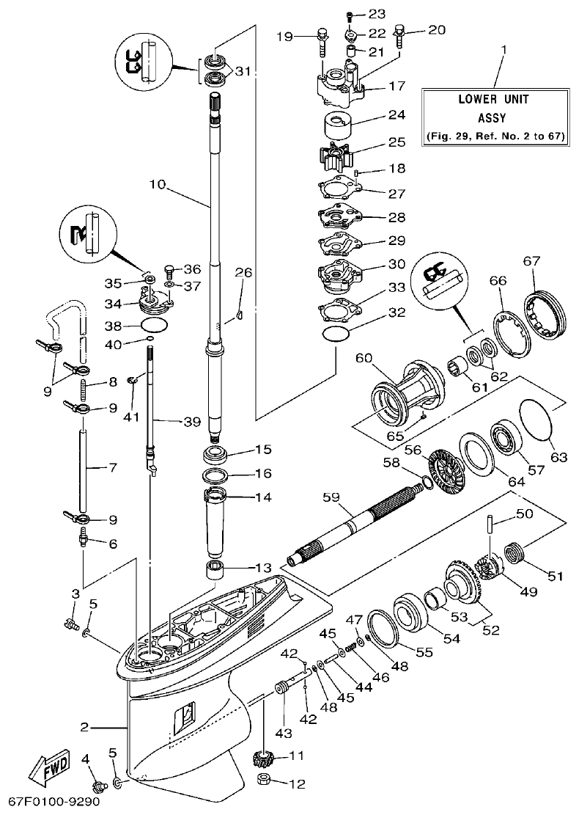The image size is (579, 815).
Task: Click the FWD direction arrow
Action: click(49, 771)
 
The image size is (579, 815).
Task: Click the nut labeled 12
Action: click(266, 782)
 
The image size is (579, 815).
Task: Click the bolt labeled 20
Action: click(400, 34)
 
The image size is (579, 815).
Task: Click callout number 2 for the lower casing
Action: click(85, 727)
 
